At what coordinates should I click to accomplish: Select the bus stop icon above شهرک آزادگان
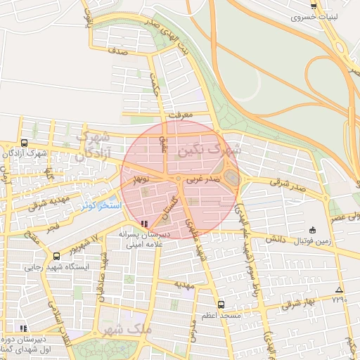tap(25, 143)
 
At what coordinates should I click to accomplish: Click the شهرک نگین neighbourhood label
tap(210, 149)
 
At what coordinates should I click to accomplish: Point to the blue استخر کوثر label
tap(100, 205)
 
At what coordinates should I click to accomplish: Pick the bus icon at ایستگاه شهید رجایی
tap(56, 257)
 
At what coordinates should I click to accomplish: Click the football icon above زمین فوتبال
tap(312, 230)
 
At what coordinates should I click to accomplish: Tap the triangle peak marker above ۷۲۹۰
tap(340, 290)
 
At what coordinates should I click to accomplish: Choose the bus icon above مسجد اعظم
tap(221, 304)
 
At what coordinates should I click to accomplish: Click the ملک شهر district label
tap(126, 328)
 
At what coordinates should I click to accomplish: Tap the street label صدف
tap(117, 51)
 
